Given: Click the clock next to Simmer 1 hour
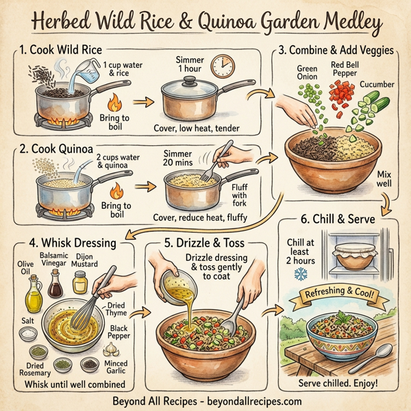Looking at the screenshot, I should pyautogui.click(x=221, y=66).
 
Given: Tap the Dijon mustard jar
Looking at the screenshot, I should pyautogui.click(x=81, y=281).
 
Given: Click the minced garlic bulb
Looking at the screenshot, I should pyautogui.click(x=111, y=347).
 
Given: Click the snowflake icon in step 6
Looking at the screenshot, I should pyautogui.click(x=300, y=274).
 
